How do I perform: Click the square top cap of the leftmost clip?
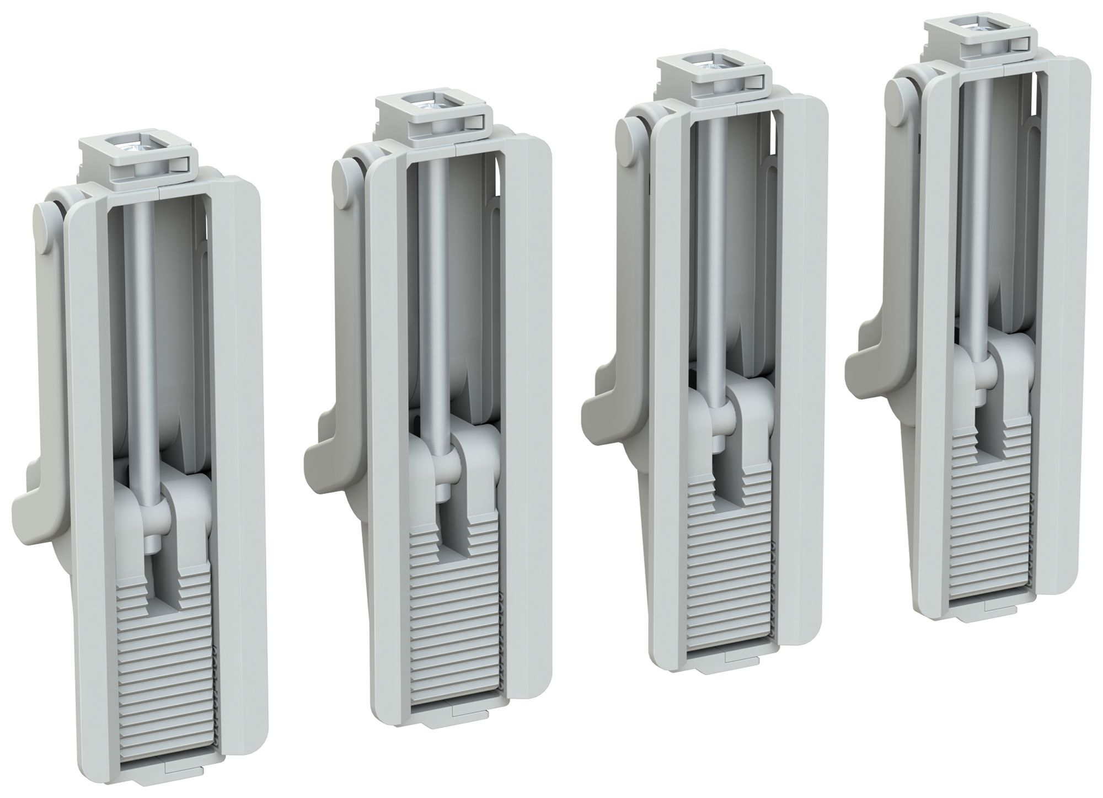138,160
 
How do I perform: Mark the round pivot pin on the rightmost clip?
897,97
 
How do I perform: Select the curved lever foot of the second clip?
325,450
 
